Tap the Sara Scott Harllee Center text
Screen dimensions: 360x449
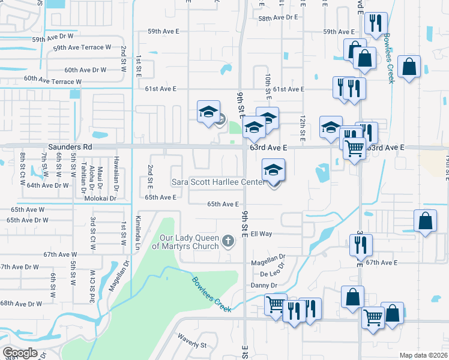tap(218, 182)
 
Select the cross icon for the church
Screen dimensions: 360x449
tap(228, 241)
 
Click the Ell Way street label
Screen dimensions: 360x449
tap(262, 234)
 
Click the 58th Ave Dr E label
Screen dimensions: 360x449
tap(278, 18)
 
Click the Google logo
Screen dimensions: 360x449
tap(20, 352)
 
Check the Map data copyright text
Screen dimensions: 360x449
tap(424, 355)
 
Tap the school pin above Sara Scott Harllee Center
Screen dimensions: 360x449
tap(273, 170)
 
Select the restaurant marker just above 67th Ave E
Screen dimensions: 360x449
tap(361, 244)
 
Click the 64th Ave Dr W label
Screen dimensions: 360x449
tap(48, 185)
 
